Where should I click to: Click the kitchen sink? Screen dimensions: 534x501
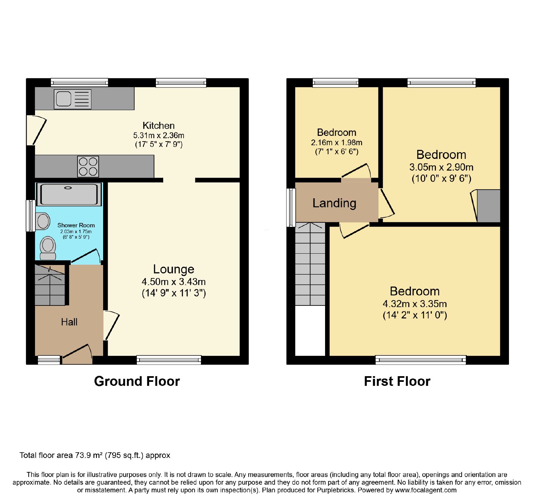[x=72, y=99]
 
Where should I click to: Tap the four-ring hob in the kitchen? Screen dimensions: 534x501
[x=88, y=166]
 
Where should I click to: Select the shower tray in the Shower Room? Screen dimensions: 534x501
[x=69, y=194]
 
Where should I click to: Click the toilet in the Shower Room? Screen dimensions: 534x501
[x=48, y=248]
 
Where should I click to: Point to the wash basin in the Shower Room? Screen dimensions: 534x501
[x=43, y=221]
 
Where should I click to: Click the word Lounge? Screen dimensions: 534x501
[x=174, y=269]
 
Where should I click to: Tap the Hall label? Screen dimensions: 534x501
[x=69, y=322]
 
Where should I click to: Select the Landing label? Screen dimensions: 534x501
[x=334, y=203]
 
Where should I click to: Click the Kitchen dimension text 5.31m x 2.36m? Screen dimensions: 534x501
[x=159, y=136]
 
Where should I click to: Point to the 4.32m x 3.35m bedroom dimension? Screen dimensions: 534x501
[x=415, y=304]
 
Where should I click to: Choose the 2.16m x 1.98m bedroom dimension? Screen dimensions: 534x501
[x=336, y=143]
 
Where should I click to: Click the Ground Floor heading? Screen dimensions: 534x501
[x=137, y=381]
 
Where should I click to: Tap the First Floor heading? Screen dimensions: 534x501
[x=397, y=381]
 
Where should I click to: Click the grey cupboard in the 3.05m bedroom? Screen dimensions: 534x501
[x=489, y=206]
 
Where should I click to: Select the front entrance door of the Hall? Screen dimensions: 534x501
[x=77, y=354]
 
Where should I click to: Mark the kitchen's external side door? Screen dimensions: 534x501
[x=37, y=130]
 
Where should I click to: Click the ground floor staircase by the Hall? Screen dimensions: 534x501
[x=50, y=285]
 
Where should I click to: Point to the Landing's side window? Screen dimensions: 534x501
[x=291, y=208]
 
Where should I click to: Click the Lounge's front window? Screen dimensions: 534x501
[x=169, y=359]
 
